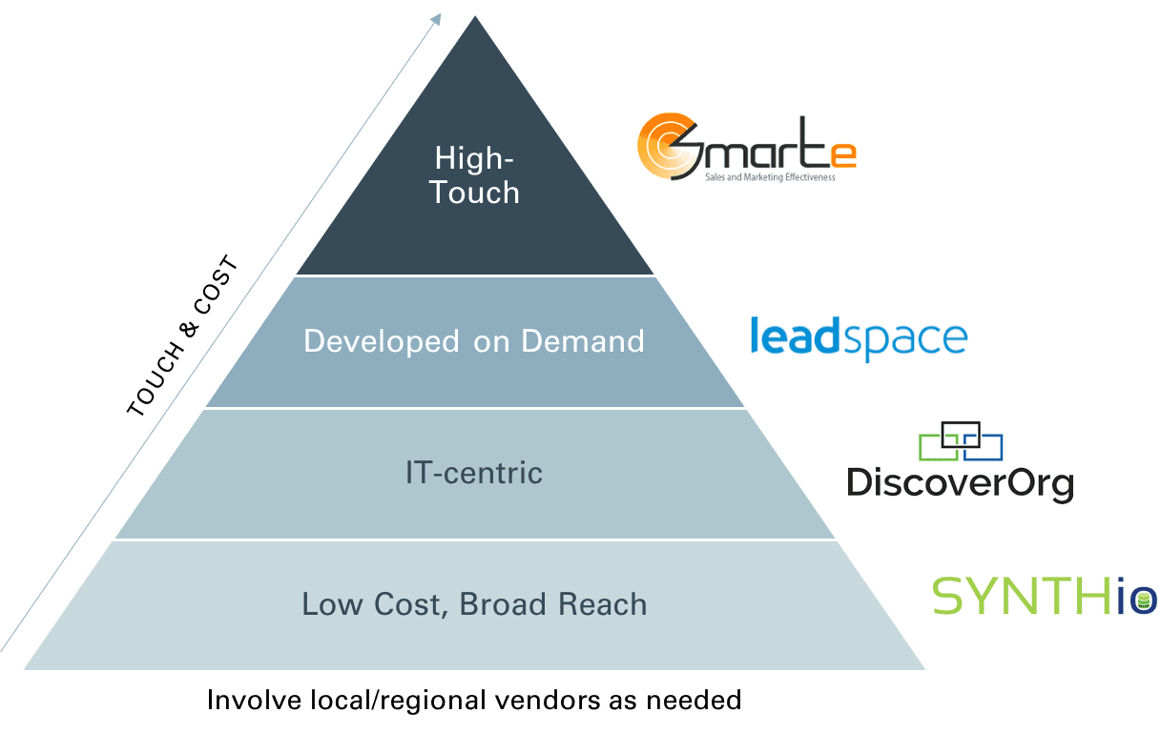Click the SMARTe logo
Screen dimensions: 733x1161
[x=746, y=147]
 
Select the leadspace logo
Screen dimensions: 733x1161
[x=859, y=339]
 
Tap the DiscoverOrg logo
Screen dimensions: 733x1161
[x=960, y=462]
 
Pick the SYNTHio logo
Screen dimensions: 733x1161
[x=1044, y=594]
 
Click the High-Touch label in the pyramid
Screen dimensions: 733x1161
[x=474, y=174]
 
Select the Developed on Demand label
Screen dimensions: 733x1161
[x=474, y=341]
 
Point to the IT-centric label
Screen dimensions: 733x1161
[x=474, y=473]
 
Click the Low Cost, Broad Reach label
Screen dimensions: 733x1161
[x=474, y=604]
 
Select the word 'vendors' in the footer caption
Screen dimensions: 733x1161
[x=541, y=701]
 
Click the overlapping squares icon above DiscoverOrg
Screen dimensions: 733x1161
[x=961, y=440]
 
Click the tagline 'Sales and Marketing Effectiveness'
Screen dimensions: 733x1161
[x=769, y=177]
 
